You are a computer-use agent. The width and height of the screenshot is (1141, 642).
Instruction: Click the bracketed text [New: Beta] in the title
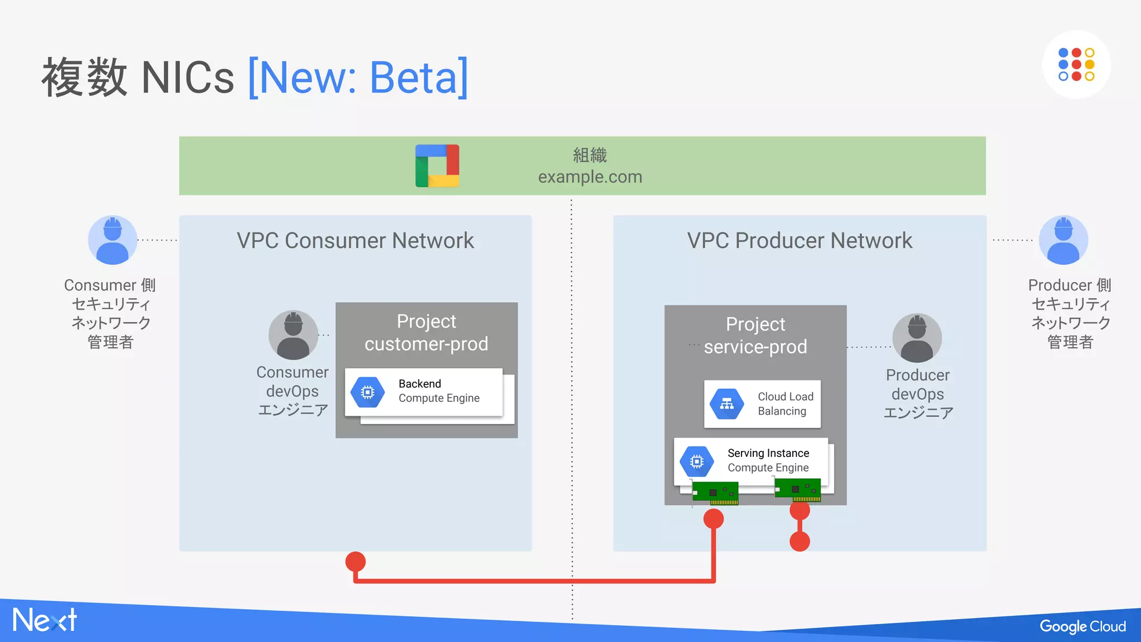pos(358,78)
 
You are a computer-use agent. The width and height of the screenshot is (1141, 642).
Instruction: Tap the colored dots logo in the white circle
pos(1076,65)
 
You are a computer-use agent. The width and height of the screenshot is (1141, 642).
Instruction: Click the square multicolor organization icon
pos(437,166)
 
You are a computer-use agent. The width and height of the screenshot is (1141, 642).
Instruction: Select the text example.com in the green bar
pos(590,177)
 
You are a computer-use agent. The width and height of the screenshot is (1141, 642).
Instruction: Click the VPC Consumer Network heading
pos(355,241)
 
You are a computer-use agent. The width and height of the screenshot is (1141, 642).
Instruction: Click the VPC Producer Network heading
pos(799,241)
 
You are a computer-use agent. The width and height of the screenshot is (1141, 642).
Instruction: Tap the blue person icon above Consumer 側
pos(113,240)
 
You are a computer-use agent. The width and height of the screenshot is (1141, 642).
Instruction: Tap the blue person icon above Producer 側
pos(1063,240)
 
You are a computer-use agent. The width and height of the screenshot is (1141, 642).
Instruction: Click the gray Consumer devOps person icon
pos(293,335)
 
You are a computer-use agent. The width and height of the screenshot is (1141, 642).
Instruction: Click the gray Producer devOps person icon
pos(917,338)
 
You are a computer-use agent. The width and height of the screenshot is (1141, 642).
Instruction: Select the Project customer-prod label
pos(426,333)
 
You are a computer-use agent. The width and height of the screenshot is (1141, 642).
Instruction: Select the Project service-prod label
pos(755,335)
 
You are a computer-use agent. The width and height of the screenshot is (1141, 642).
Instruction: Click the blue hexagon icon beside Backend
pos(368,392)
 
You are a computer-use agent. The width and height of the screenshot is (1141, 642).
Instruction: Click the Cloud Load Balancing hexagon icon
pos(726,404)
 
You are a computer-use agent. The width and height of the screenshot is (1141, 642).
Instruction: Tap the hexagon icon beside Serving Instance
pos(696,461)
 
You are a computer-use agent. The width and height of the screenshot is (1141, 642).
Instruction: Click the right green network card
pos(798,490)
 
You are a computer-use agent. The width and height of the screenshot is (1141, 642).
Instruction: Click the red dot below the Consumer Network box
pos(355,562)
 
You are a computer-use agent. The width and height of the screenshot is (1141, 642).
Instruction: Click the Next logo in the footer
pos(45,620)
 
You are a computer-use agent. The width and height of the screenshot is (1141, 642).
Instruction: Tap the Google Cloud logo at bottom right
pos(1082,626)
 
